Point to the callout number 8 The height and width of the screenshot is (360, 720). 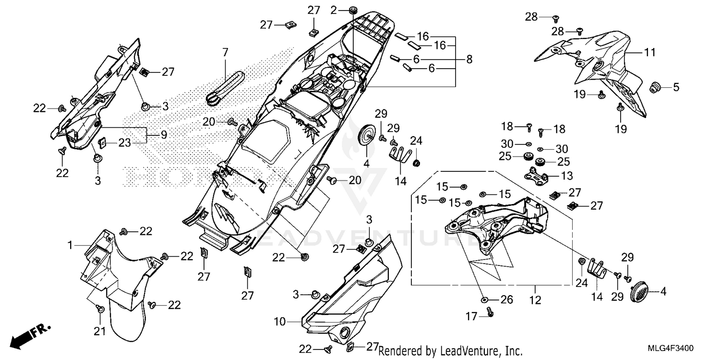(469, 60)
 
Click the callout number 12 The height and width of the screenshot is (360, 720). (535, 300)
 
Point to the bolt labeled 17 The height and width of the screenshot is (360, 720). (490, 312)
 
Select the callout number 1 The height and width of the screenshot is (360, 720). (70, 245)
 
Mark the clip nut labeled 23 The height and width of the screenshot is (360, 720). (102, 143)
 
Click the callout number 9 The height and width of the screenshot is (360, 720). (164, 135)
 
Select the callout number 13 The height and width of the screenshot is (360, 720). (567, 176)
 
